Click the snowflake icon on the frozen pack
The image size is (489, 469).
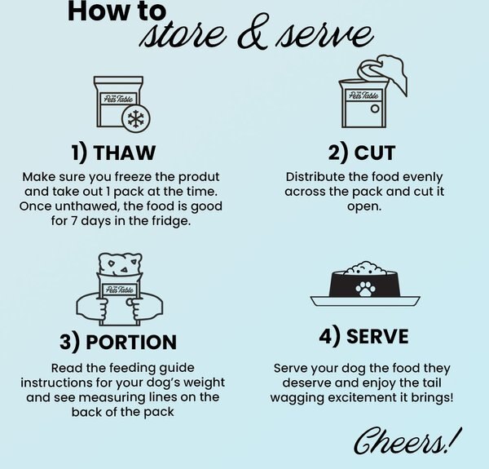(135, 119)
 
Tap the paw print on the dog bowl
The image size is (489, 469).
(365, 289)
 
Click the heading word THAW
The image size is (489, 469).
(124, 153)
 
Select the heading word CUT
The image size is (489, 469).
(374, 153)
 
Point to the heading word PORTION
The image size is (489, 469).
(131, 342)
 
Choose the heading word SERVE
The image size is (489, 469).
(377, 336)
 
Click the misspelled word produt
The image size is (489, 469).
(199, 177)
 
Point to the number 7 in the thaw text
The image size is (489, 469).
(73, 221)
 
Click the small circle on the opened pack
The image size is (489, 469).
(375, 108)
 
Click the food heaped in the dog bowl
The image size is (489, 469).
(365, 268)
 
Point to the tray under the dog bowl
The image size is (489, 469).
(365, 301)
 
